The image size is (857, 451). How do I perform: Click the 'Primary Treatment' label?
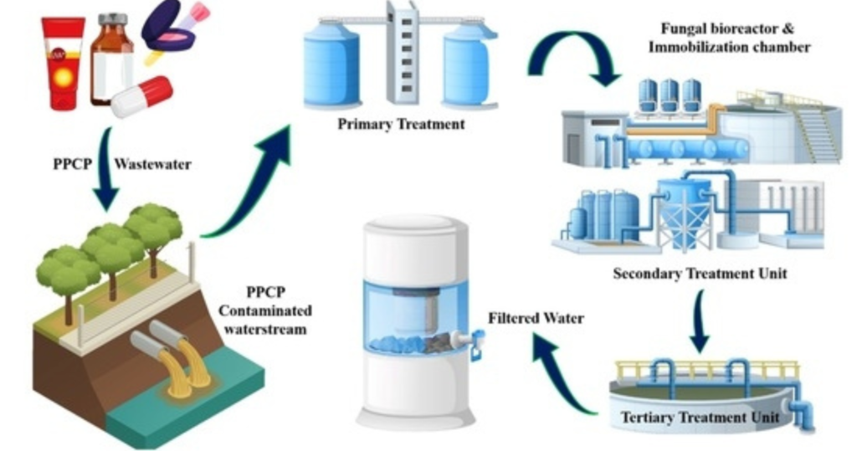click(x=401, y=125)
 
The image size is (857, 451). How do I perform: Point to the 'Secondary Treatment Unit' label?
click(x=700, y=274)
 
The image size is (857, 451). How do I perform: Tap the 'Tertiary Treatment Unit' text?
click(x=700, y=417)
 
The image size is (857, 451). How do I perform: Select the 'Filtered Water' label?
click(x=536, y=318)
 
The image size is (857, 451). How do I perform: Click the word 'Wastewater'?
click(x=152, y=164)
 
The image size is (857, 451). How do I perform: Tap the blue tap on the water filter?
click(x=477, y=344)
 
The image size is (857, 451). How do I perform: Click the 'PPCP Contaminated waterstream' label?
click(x=266, y=310)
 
